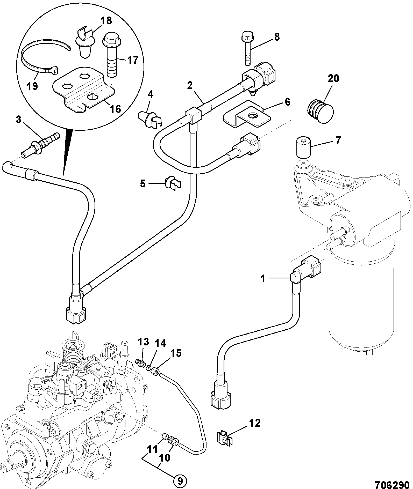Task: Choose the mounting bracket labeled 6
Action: [x=247, y=114]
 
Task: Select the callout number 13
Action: [x=143, y=342]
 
